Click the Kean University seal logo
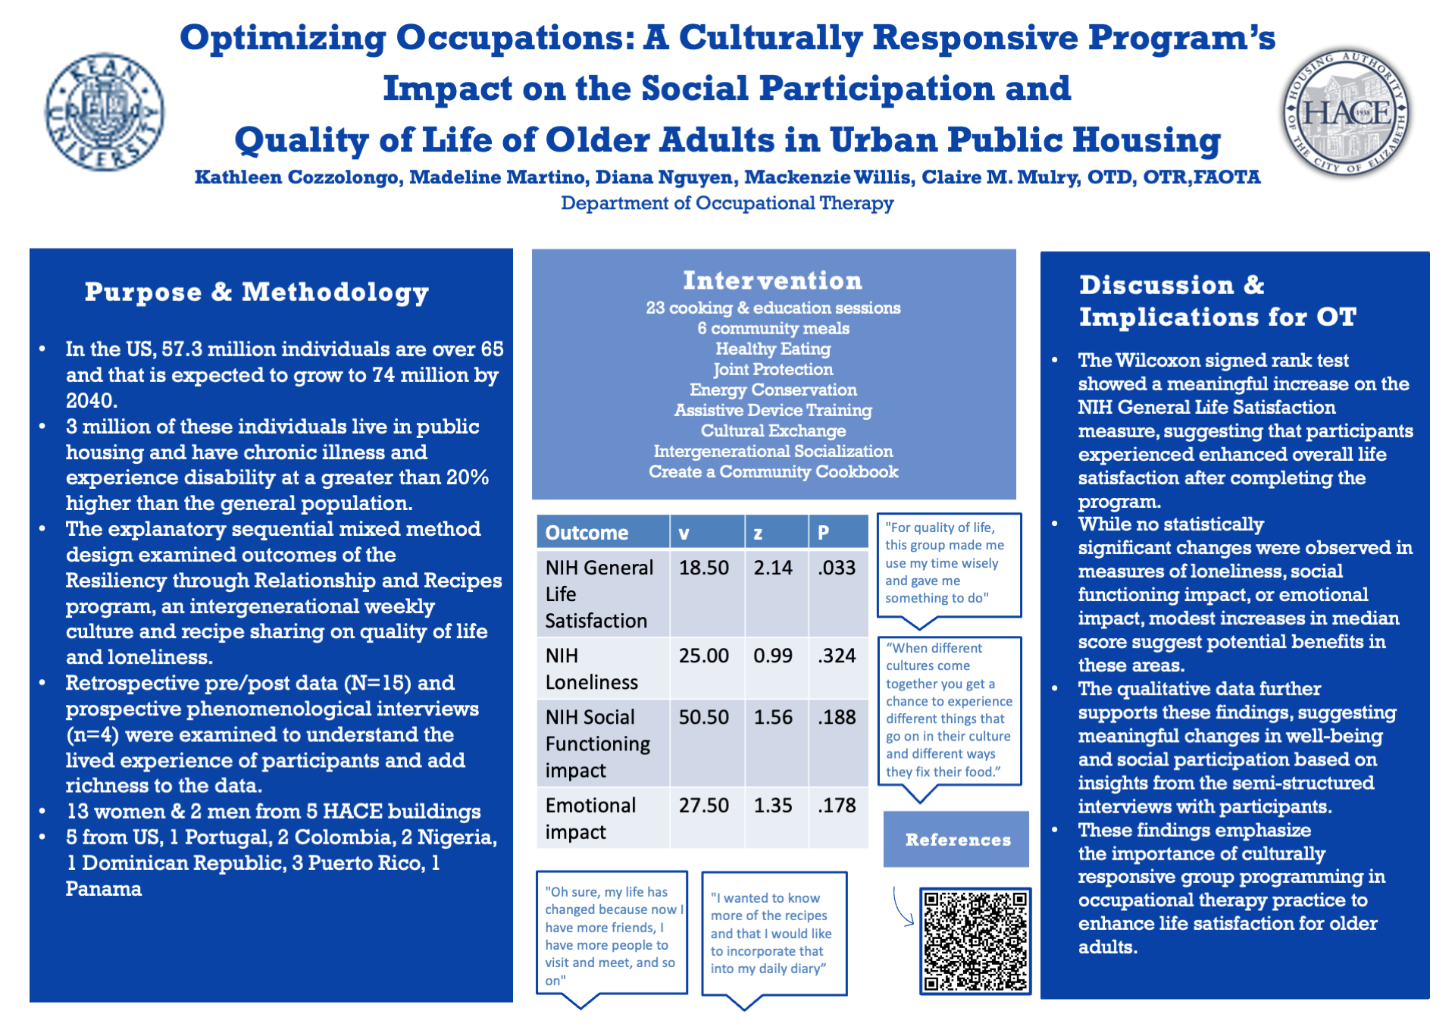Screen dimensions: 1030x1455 tap(105, 112)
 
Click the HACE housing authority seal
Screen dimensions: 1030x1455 tap(1347, 112)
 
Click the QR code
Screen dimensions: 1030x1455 tap(975, 941)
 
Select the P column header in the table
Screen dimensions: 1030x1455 tap(824, 533)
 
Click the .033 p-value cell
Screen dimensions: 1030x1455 tap(837, 568)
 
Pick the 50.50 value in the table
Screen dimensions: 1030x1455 tap(703, 717)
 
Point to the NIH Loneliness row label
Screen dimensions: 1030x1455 tap(591, 668)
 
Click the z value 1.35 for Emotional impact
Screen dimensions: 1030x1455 tap(772, 805)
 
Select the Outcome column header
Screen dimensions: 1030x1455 tap(587, 533)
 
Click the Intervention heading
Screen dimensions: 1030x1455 tap(772, 280)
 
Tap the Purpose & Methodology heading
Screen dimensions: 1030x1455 tap(257, 292)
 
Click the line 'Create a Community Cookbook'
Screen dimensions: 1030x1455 tap(773, 471)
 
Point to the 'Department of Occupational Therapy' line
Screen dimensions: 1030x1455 tap(727, 203)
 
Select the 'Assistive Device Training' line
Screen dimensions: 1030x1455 tap(773, 410)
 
